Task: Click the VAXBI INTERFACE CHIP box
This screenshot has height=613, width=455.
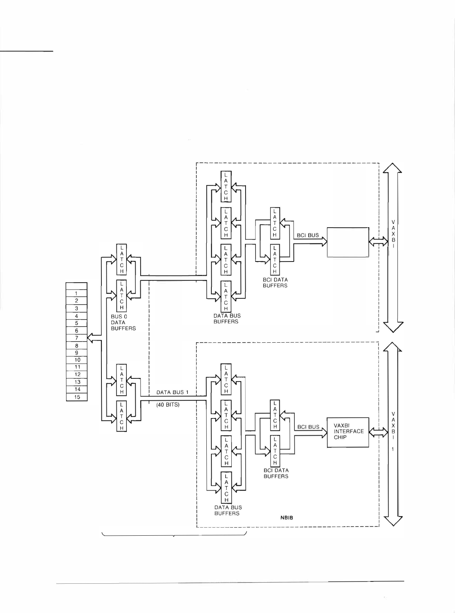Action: (x=348, y=432)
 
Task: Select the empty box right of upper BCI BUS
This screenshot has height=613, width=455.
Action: (x=348, y=242)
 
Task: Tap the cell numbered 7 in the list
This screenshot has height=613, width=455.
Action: (x=77, y=338)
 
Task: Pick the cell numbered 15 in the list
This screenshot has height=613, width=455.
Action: (x=77, y=397)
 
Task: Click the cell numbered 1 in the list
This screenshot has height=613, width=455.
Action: (x=77, y=293)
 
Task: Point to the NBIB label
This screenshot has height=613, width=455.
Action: (x=287, y=518)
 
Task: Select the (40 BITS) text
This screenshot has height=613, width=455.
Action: (x=168, y=405)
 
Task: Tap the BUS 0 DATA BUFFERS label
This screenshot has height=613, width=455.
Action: (x=123, y=322)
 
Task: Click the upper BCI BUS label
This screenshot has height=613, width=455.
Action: (x=308, y=235)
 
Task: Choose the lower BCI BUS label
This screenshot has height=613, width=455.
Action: (x=308, y=427)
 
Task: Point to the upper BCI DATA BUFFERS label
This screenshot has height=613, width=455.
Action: (x=275, y=283)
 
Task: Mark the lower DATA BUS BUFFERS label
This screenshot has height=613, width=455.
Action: (x=228, y=510)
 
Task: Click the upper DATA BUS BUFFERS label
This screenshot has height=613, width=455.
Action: (x=227, y=318)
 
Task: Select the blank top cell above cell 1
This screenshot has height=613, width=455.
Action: (x=77, y=286)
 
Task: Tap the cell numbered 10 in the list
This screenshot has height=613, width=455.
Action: (x=77, y=360)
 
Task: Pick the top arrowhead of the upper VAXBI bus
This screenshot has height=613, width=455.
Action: (x=392, y=168)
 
